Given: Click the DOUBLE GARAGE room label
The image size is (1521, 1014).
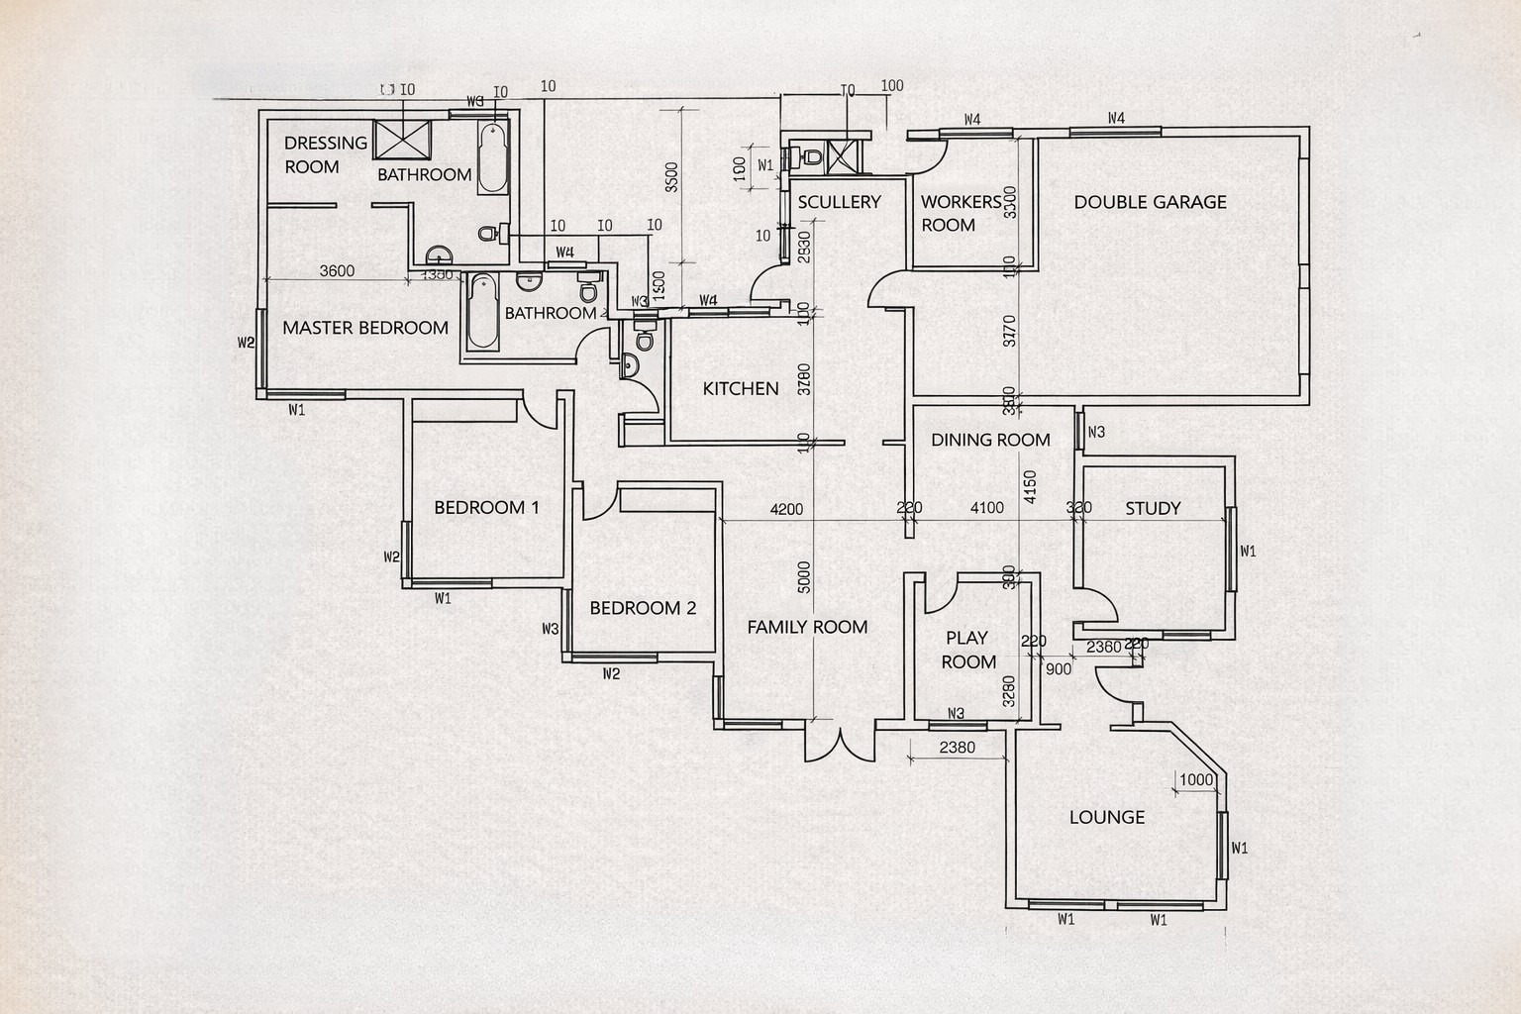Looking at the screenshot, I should (x=1150, y=202).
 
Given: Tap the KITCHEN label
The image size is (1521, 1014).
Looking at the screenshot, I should (x=741, y=388).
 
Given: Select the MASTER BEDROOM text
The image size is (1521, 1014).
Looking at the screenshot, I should (x=365, y=328).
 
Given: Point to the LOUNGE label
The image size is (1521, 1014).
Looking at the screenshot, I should (x=1107, y=817).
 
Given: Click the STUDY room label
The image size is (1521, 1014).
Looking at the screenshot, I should (x=1153, y=508).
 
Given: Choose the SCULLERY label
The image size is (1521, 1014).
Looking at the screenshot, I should (x=839, y=202).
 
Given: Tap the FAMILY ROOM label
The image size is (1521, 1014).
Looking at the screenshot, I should (x=807, y=627).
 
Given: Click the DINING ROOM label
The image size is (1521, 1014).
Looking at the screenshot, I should (x=990, y=440).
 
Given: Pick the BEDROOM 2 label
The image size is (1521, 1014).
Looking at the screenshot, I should (x=643, y=608).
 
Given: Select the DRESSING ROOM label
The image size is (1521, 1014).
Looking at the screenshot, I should (x=325, y=154).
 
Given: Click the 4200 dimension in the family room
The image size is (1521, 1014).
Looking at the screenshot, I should (x=786, y=509).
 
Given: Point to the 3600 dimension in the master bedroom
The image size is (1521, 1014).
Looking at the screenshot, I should (x=338, y=271).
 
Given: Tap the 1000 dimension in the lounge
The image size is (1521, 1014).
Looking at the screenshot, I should (x=1196, y=779).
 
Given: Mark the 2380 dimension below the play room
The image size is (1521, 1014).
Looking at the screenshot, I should (x=957, y=748).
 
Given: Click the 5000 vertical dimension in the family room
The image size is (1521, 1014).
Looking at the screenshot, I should (x=804, y=577).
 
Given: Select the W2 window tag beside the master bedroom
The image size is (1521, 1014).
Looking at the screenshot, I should (x=247, y=343).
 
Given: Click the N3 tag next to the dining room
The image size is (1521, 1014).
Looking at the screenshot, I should (x=1096, y=432).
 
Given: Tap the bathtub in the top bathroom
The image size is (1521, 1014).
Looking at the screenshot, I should (x=493, y=158).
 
